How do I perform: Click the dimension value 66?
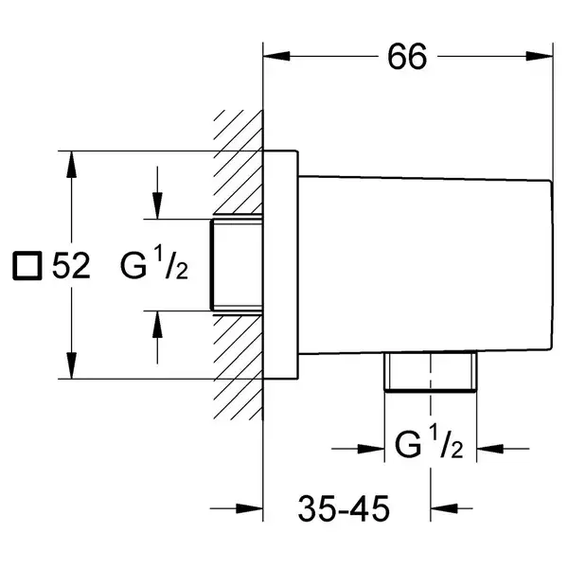(407, 57)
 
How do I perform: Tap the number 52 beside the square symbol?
(71, 265)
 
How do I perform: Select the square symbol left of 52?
(27, 266)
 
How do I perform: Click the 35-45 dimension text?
(344, 508)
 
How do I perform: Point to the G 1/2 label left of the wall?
(154, 262)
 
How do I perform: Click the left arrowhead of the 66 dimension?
(276, 56)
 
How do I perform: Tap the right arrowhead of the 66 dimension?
(540, 56)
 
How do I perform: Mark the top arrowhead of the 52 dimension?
(72, 164)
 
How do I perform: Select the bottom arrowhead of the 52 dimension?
(72, 365)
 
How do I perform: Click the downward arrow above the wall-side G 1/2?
(157, 193)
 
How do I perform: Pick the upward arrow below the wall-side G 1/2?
(157, 337)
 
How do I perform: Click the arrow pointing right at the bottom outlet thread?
(358, 449)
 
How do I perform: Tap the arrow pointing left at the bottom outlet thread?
(503, 449)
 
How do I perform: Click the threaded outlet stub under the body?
(431, 372)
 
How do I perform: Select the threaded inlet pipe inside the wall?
(236, 265)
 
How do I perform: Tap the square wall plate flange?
(281, 265)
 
